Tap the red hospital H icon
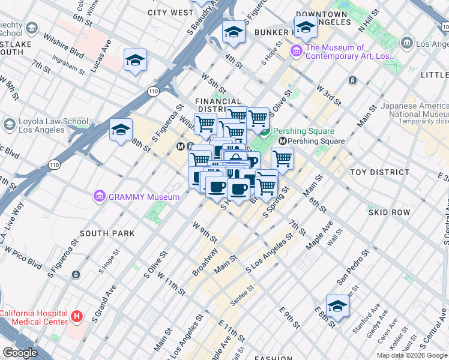point(76,316)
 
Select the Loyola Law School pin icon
point(9,124)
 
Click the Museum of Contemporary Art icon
point(297,52)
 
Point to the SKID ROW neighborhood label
point(388,212)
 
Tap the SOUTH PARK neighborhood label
point(106,233)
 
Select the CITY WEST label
point(170,12)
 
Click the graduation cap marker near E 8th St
point(337,307)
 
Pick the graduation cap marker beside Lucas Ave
point(136,60)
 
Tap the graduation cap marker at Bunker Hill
point(306,27)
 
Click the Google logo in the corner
point(20,353)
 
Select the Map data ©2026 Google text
point(411,355)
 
